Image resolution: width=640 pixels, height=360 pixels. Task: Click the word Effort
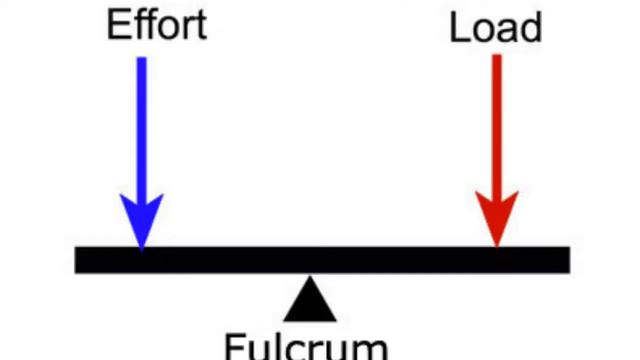pos(157,25)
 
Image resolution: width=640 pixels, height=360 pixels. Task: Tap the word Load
pos(496,27)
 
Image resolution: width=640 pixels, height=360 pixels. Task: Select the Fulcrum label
pos(306,347)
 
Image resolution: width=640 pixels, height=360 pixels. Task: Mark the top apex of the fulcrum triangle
pos(310,276)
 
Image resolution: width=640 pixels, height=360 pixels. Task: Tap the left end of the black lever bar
pos(75,260)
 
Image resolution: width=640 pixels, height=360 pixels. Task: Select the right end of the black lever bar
pos(570,260)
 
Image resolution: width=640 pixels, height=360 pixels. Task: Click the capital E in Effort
pos(117,25)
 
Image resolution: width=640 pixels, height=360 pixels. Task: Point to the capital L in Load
pos(458,27)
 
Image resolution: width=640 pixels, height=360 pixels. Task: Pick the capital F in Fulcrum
pos(234,347)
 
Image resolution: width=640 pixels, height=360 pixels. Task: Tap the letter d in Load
pos(530,27)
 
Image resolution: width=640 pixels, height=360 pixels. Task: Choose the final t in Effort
pos(201,27)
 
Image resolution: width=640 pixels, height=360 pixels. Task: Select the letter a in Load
pos(506,31)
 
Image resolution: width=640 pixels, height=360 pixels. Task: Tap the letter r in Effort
pos(189,29)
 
